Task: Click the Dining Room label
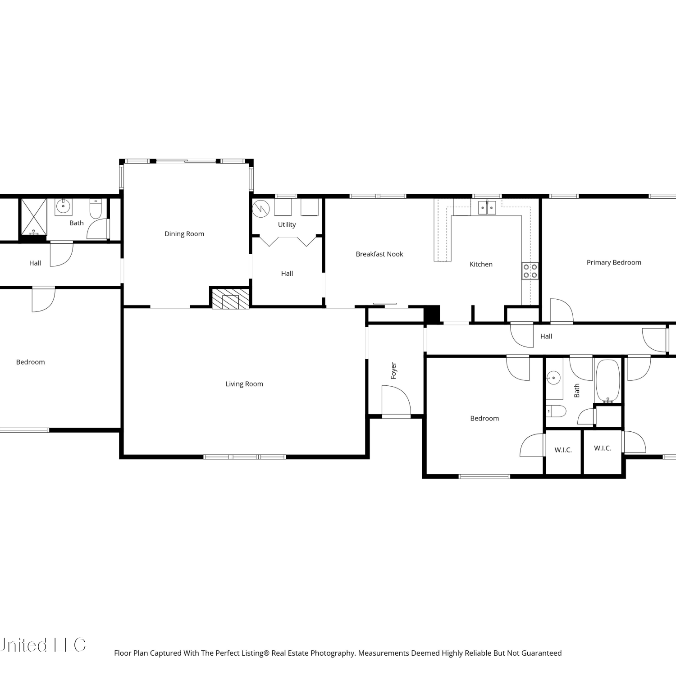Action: point(184,234)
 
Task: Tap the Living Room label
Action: point(244,384)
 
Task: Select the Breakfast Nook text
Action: point(379,254)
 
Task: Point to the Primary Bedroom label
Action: point(614,263)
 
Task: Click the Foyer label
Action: point(393,371)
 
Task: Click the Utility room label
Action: point(287,225)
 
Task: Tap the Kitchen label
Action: point(481,265)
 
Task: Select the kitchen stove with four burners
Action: point(530,271)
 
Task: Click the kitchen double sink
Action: point(487,207)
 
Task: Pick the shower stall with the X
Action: point(34,217)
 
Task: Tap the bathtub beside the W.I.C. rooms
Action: point(608,381)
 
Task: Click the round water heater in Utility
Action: point(261,208)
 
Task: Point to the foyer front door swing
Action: point(396,400)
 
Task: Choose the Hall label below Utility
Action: point(287,274)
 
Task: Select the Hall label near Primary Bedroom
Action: point(546,336)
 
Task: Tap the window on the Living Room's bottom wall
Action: point(245,457)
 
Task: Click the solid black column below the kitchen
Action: point(432,314)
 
